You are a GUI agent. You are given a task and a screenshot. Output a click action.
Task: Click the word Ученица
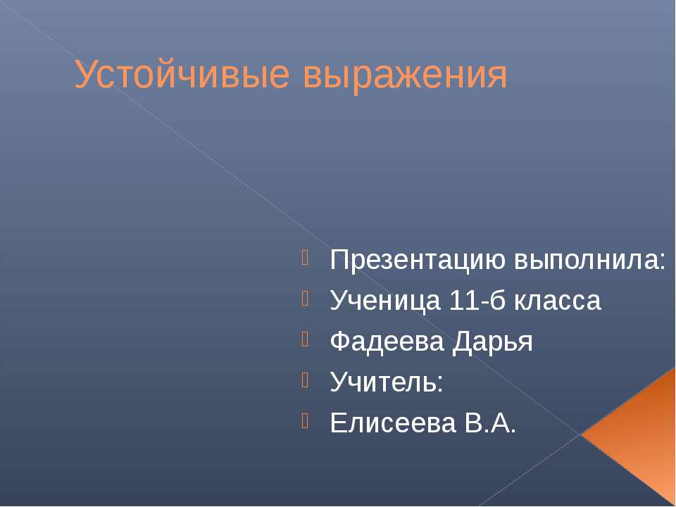(384, 301)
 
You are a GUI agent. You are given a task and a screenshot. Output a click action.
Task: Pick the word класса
(558, 301)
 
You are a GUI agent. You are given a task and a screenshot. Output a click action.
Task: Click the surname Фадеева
(387, 342)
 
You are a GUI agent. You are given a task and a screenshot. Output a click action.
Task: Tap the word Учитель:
(387, 383)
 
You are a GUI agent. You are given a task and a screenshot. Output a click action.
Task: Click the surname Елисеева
(389, 424)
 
